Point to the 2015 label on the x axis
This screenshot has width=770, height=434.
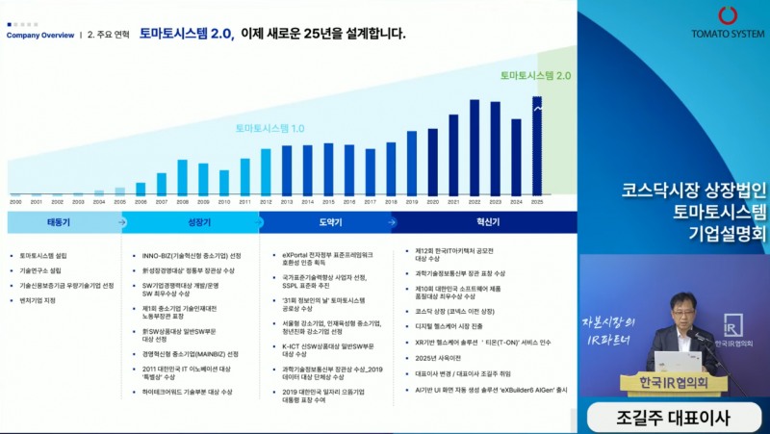pyautogui.click(x=328, y=202)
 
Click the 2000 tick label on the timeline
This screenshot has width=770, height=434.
pyautogui.click(x=15, y=202)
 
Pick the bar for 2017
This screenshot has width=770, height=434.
pyautogui.click(x=371, y=172)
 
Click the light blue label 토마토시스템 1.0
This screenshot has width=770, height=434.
pyautogui.click(x=270, y=128)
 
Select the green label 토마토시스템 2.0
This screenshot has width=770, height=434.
pyautogui.click(x=535, y=75)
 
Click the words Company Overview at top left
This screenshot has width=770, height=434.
pyautogui.click(x=39, y=36)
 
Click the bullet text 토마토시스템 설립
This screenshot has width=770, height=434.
pyautogui.click(x=43, y=256)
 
